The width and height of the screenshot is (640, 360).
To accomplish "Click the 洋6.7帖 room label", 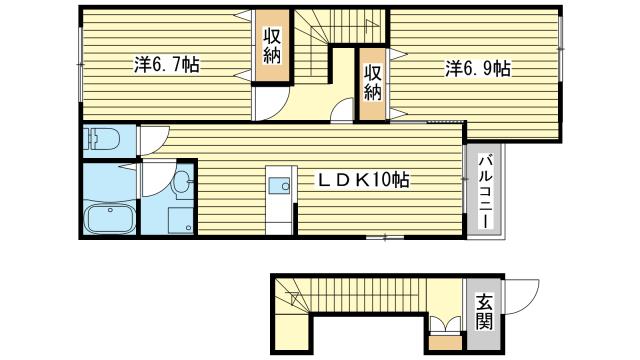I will click(166, 67).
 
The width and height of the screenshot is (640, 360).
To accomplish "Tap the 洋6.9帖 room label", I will click(478, 69).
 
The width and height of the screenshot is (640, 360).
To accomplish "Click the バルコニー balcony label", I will click(484, 189).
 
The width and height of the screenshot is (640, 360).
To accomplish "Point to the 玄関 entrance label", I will click(484, 311).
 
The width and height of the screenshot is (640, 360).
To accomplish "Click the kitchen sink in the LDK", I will click(280, 184).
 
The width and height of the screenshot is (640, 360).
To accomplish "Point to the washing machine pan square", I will click(181, 219).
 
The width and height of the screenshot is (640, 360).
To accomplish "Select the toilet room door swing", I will click(153, 140).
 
